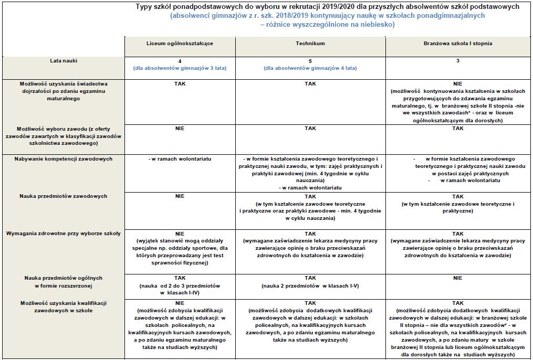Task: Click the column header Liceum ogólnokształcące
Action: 180,44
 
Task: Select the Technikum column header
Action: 310,44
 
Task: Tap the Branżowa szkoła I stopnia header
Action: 457,44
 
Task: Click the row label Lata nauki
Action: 62,61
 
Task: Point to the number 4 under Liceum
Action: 180,61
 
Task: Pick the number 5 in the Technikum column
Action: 310,61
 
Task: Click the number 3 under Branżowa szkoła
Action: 457,61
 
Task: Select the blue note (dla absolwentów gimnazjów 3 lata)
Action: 180,68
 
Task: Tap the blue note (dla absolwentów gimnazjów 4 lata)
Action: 310,68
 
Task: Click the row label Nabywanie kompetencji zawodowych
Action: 63,158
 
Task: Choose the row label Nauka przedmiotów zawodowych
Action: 63,196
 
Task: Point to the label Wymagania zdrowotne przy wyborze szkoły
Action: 63,233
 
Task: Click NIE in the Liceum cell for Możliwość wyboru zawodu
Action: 180,129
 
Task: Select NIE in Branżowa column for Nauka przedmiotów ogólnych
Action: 457,278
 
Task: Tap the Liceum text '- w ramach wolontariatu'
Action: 180,158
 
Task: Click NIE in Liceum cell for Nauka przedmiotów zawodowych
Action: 180,196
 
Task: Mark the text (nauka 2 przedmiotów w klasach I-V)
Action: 310,285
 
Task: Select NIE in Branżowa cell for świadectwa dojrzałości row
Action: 457,83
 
